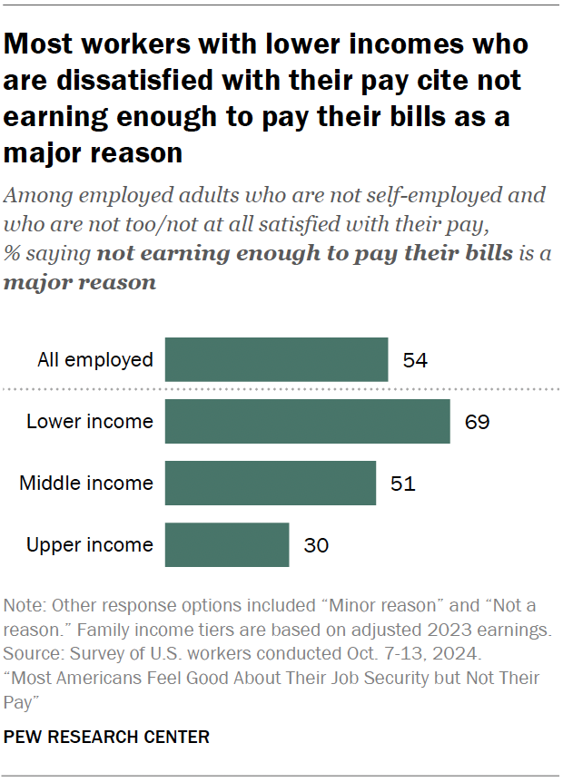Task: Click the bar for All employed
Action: coord(276,359)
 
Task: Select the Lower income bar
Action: coord(307,421)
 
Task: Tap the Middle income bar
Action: coord(270,483)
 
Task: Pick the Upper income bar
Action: coord(227,544)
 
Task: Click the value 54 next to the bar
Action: coord(415,360)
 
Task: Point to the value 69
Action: coord(477,422)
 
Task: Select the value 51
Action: coord(402,484)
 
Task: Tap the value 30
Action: coord(315,545)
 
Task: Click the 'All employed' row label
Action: coord(95,360)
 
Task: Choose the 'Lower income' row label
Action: coord(90,422)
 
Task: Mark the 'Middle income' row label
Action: coord(86,484)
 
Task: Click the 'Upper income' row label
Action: coord(90,545)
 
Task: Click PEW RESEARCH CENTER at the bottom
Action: coord(107,738)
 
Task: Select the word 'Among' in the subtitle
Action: coord(35,195)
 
